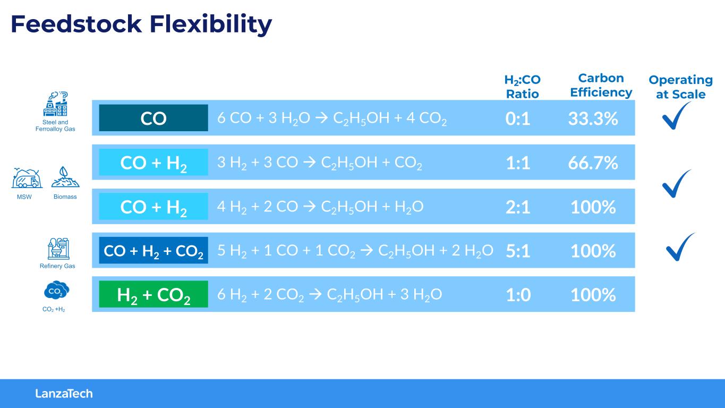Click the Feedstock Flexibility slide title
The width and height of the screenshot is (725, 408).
[x=141, y=24]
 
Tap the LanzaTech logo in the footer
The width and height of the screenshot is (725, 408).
[x=64, y=394]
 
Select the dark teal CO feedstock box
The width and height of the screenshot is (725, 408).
[x=153, y=118]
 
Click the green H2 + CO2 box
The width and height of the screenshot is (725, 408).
[x=153, y=294]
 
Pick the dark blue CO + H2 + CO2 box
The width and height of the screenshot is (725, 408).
[x=153, y=250]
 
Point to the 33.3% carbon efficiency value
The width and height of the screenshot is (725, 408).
[x=593, y=118]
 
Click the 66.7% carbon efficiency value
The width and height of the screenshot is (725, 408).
[x=593, y=163]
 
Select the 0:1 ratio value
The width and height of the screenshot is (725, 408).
[x=518, y=118]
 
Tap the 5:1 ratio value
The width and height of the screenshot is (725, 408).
[x=518, y=251]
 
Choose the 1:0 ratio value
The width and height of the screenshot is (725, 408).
[x=518, y=295]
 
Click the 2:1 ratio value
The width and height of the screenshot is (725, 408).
[x=518, y=207]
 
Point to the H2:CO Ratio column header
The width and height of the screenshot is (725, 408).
[x=523, y=87]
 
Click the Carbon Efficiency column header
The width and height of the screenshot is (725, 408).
[x=601, y=85]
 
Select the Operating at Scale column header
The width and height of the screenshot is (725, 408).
[x=681, y=87]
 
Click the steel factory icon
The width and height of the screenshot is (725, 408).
[x=55, y=104]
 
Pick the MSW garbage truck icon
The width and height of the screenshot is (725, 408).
[x=27, y=178]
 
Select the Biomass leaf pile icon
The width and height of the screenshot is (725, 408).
[x=65, y=177]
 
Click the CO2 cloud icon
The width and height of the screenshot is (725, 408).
[x=56, y=290]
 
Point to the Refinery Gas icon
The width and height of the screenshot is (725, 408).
[x=58, y=249]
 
